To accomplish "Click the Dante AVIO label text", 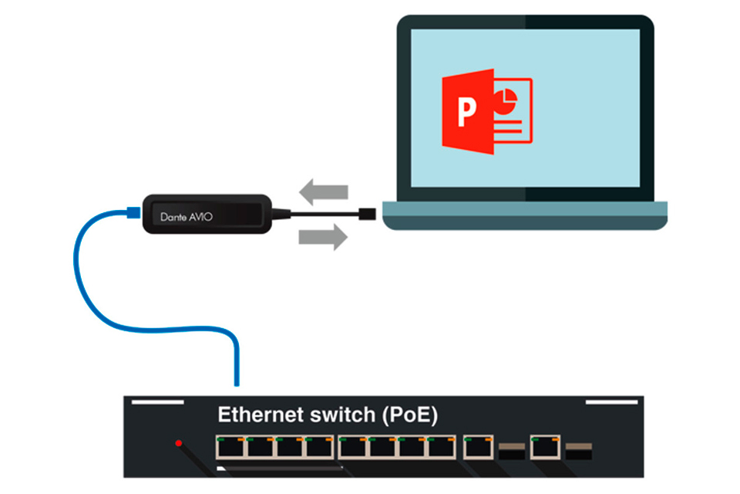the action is (x=187, y=217).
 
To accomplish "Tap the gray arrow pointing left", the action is (x=324, y=191).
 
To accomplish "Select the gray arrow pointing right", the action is (x=323, y=237).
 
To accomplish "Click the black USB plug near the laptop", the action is (x=367, y=214).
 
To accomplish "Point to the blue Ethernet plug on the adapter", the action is (x=133, y=212).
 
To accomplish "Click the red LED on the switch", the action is (x=178, y=443).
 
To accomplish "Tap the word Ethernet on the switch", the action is (x=260, y=414).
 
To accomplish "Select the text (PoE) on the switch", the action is (x=410, y=415).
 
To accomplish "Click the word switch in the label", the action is (x=342, y=414).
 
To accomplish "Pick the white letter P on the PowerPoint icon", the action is (x=467, y=112).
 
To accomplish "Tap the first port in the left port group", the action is (x=230, y=447).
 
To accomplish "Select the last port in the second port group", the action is (x=441, y=447).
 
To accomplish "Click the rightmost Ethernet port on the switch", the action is (x=545, y=447).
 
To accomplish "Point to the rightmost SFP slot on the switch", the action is (x=579, y=452).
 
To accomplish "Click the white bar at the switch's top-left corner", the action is (x=157, y=402).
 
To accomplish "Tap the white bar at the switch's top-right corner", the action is (x=611, y=402).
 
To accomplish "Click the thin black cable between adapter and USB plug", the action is (x=325, y=214).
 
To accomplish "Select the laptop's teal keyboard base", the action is (x=525, y=215).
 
